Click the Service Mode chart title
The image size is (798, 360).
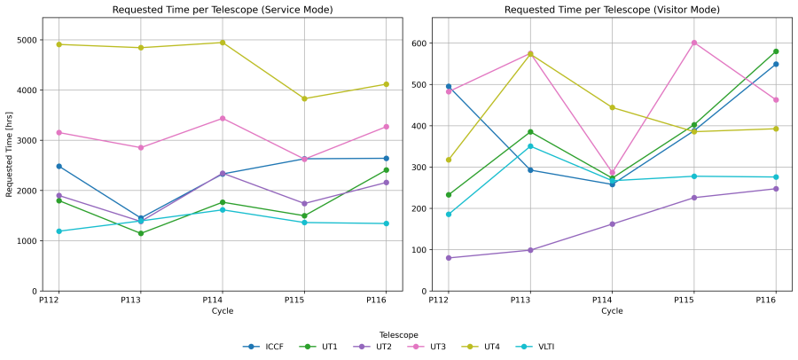pos(223,10)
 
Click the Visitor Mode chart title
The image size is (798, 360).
pos(612,10)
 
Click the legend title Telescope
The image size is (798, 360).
pos(398,334)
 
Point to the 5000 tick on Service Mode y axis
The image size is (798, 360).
pos(26,40)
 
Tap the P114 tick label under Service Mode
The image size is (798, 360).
pos(223,301)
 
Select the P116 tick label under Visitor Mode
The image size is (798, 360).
pos(776,301)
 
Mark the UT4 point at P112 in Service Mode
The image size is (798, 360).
pos(59,44)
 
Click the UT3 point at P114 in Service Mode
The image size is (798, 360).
pos(223,118)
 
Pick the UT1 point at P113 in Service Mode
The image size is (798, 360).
pos(141,233)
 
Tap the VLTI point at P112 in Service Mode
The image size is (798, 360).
pos(59,231)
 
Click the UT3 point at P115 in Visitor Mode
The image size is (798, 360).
pos(694,43)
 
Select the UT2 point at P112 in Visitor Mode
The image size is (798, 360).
pos(449,258)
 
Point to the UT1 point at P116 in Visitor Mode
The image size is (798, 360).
pos(776,51)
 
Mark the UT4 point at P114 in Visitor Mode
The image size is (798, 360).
pos(612,107)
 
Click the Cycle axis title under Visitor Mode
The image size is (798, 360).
pos(612,311)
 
